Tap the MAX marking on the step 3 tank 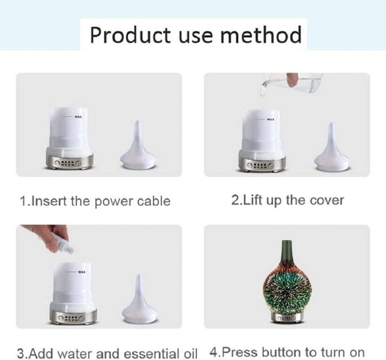[x=82, y=271]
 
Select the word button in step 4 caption [x=287, y=351]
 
